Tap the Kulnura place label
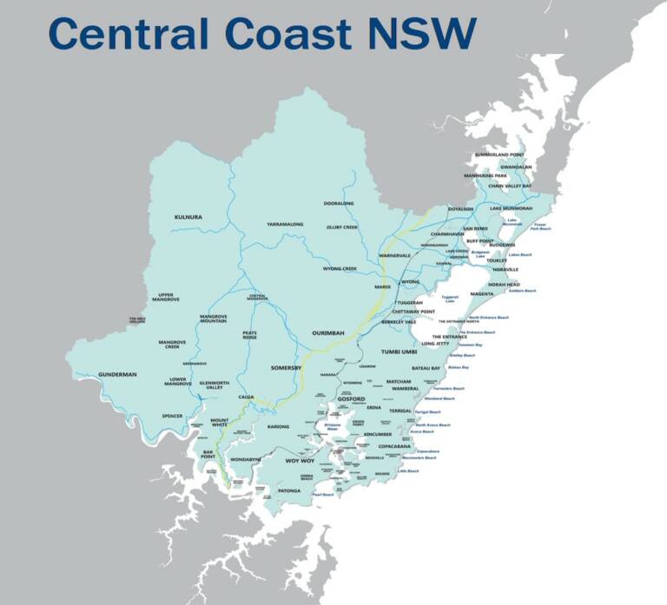pos(188,216)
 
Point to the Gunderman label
pos(117,374)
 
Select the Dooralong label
pos(339,203)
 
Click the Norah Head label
pos(503,284)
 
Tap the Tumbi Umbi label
pos(400,352)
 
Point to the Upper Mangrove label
pos(166,298)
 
